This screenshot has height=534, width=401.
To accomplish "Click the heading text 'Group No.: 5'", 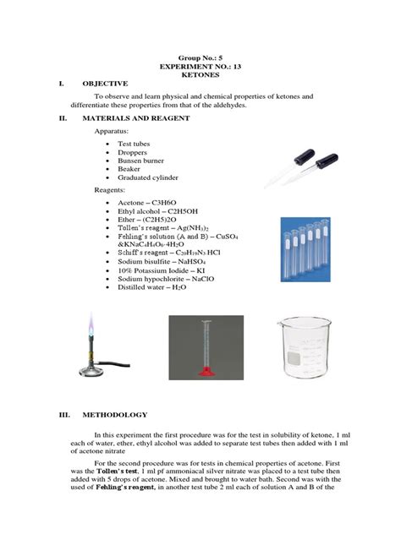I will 200,52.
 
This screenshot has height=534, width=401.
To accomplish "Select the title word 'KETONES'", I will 200,74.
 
